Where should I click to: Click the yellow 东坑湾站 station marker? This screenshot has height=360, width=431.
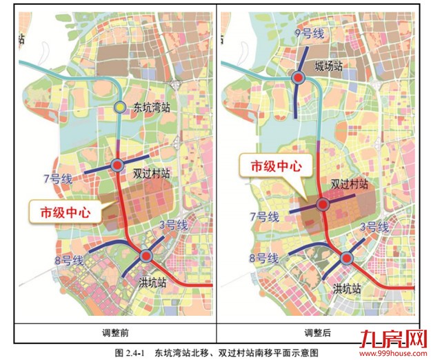point(119,107)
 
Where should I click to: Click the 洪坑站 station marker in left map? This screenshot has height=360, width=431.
point(146,256)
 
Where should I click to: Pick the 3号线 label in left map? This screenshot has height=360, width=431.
point(173,225)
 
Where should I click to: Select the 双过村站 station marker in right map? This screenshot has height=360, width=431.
point(322,204)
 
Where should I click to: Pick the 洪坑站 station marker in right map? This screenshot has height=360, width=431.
point(346,259)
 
